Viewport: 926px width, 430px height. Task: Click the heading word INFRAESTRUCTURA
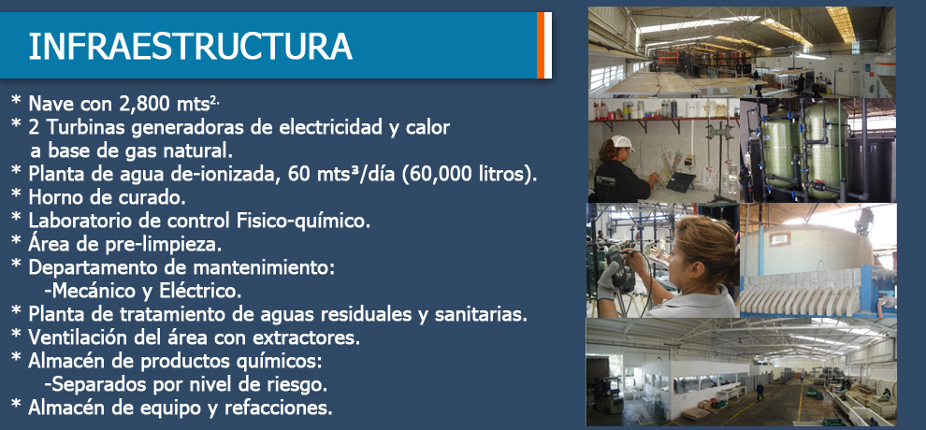pyautogui.click(x=190, y=47)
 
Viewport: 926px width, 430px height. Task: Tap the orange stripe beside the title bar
pyautogui.click(x=541, y=45)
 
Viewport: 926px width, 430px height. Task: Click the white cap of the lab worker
pyautogui.click(x=623, y=142)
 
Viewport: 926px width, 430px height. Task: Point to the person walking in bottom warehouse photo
pyautogui.click(x=760, y=391)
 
